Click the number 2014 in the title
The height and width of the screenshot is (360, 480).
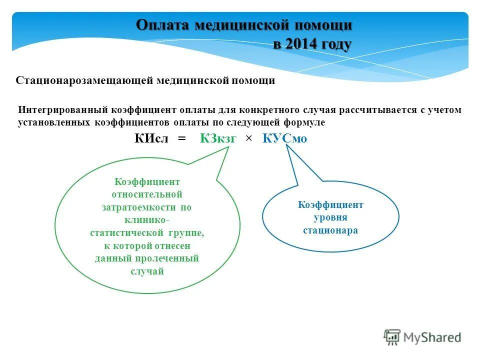click(x=301, y=44)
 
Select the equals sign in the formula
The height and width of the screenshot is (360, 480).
click(x=181, y=139)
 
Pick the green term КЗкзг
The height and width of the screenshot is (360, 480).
click(x=217, y=139)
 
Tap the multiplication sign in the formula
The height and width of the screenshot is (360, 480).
click(x=248, y=139)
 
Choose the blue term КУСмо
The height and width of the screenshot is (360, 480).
click(x=284, y=139)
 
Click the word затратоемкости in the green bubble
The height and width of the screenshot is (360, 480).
click(x=147, y=207)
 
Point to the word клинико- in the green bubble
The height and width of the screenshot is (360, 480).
click(x=147, y=220)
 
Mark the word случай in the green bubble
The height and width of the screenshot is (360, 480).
click(x=147, y=271)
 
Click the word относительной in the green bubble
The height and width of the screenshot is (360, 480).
click(x=147, y=194)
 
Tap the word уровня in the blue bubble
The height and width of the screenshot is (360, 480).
click(x=330, y=218)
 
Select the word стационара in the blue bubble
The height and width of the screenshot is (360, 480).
click(x=330, y=230)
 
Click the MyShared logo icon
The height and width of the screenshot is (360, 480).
click(x=392, y=337)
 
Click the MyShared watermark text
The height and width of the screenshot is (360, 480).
click(x=432, y=338)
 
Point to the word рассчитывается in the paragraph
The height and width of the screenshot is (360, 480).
click(x=372, y=110)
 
